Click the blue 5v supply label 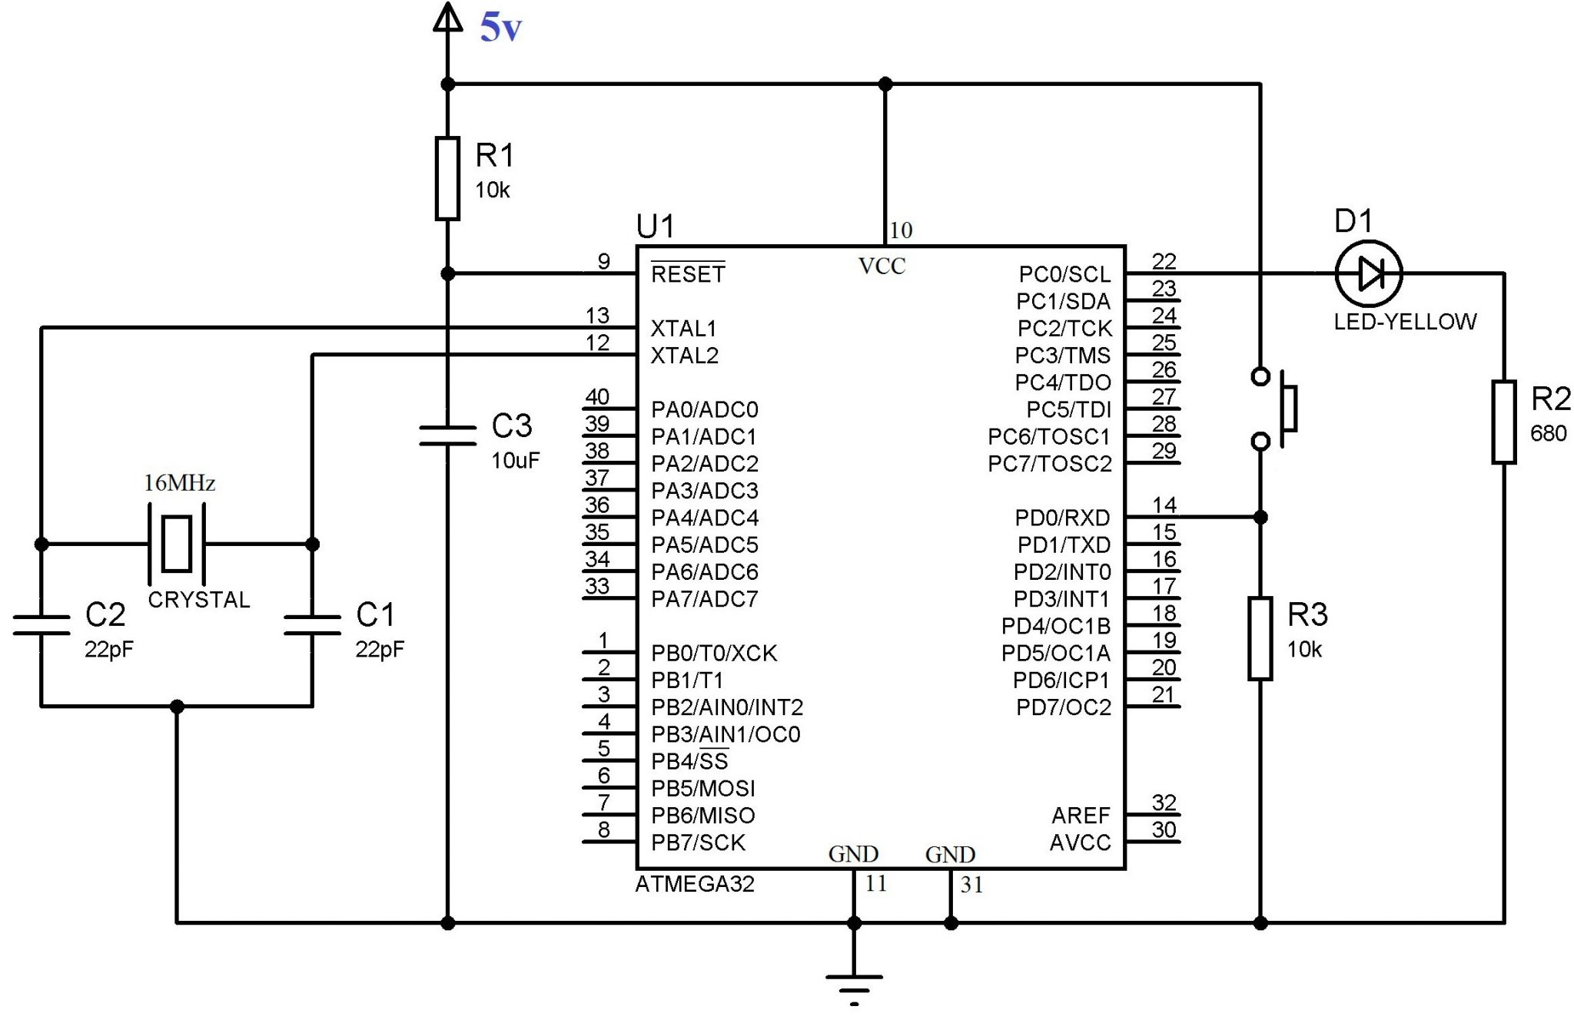click(x=500, y=28)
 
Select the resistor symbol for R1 click(x=447, y=178)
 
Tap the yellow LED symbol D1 click(x=1369, y=273)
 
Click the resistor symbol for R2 click(x=1503, y=422)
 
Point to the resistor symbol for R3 click(x=1260, y=638)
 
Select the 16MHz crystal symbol click(x=177, y=544)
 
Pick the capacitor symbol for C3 click(x=447, y=435)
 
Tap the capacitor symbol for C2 click(x=42, y=624)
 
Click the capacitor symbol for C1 click(x=312, y=624)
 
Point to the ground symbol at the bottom click(x=854, y=983)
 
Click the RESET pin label click(x=688, y=274)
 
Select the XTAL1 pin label click(x=683, y=329)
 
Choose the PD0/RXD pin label click(x=1062, y=518)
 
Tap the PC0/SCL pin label click(x=1064, y=274)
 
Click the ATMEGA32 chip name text click(x=695, y=885)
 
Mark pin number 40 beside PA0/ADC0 click(x=597, y=397)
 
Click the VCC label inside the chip click(x=882, y=267)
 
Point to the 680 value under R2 click(x=1548, y=434)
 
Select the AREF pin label click(x=1081, y=816)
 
